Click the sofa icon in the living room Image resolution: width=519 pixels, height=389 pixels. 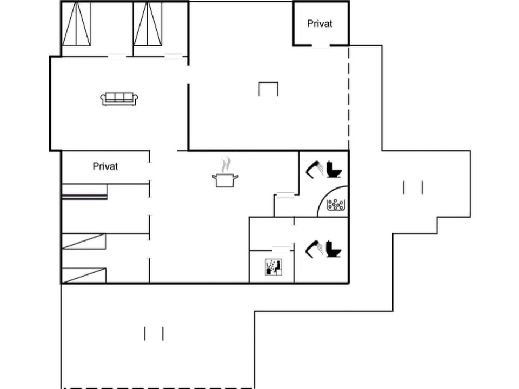[x=119, y=98]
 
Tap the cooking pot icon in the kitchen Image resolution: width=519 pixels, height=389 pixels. [x=225, y=180]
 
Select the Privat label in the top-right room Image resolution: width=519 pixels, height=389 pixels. [x=320, y=24]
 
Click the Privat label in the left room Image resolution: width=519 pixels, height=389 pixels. [x=105, y=166]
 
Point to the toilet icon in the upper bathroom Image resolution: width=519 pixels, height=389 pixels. [x=334, y=170]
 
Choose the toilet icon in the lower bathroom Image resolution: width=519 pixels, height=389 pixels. [x=334, y=249]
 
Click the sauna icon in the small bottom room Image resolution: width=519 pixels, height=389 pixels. [x=273, y=267]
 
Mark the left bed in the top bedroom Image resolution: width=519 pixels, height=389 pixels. [x=76, y=24]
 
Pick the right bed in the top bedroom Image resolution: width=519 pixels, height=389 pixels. [x=148, y=24]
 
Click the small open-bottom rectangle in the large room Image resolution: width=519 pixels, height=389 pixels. [x=268, y=89]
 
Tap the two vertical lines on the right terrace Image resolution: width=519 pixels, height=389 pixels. [x=412, y=187]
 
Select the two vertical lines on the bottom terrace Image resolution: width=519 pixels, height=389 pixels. [x=154, y=334]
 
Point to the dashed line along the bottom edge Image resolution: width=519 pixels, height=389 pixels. [x=157, y=387]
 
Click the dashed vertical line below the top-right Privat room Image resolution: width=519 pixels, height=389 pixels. [x=349, y=97]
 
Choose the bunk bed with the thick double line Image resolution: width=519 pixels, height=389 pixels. [x=84, y=192]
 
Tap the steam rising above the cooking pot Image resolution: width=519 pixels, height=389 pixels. [x=228, y=164]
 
